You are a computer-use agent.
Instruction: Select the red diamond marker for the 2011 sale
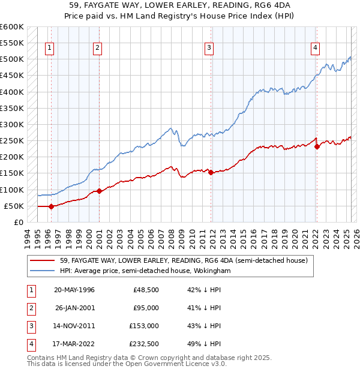click(211, 172)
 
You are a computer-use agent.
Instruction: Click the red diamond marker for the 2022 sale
click(317, 146)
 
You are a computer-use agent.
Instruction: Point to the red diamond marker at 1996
click(51, 206)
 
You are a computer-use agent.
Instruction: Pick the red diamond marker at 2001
click(99, 191)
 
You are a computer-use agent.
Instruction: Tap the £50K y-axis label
click(14, 206)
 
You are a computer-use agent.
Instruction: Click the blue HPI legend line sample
click(43, 271)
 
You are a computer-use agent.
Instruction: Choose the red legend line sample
click(43, 260)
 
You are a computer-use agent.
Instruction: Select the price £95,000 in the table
click(145, 308)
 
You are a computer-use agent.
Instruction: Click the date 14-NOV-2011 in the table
click(74, 326)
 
